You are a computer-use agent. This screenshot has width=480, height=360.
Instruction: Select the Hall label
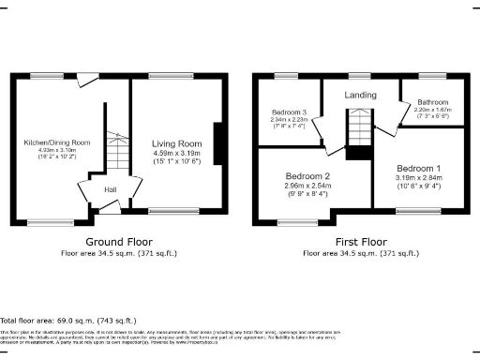(110, 190)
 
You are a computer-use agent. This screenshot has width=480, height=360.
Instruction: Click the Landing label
(361, 95)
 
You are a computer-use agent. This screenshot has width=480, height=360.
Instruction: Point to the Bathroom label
(432, 101)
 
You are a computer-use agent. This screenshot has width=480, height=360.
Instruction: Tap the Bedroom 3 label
(290, 112)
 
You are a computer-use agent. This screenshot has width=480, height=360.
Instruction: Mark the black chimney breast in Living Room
(218, 146)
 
